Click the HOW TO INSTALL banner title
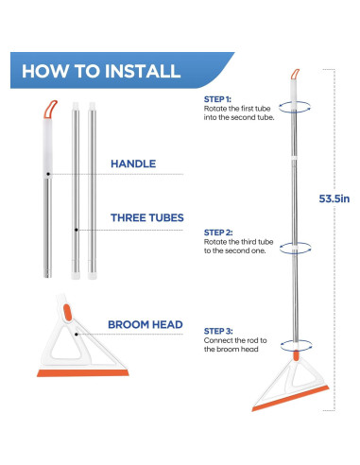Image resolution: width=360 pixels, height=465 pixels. tap(101, 71)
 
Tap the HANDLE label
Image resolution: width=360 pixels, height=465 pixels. tap(133, 164)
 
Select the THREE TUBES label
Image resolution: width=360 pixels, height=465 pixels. tap(147, 217)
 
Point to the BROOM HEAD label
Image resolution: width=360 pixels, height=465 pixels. tap(146, 324)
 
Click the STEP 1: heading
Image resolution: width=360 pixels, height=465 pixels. tap(217, 99)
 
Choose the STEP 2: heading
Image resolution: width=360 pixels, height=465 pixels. tap(218, 232)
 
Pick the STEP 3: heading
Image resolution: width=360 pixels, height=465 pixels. tap(218, 331)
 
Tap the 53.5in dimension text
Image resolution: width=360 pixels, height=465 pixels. tap(334, 198)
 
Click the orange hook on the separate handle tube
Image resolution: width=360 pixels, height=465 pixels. tap(50, 110)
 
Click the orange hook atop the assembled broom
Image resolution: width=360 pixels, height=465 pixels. tap(295, 75)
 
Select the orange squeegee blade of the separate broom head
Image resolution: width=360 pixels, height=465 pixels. tap(83, 373)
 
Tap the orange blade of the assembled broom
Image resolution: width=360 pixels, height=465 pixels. tap(290, 398)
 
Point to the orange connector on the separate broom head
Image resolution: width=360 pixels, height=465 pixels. tap(67, 312)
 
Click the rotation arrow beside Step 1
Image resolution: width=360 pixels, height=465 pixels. tap(294, 107)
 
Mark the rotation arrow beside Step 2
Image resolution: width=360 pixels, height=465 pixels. tap(295, 248)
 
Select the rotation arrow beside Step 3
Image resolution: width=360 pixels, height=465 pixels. tap(296, 346)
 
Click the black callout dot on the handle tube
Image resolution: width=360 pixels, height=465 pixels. tap(48, 174)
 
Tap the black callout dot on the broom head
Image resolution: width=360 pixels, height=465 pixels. tap(77, 334)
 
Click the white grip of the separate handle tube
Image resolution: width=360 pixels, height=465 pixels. tap(47, 148)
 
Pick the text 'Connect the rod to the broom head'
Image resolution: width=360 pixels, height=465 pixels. tap(235, 345)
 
